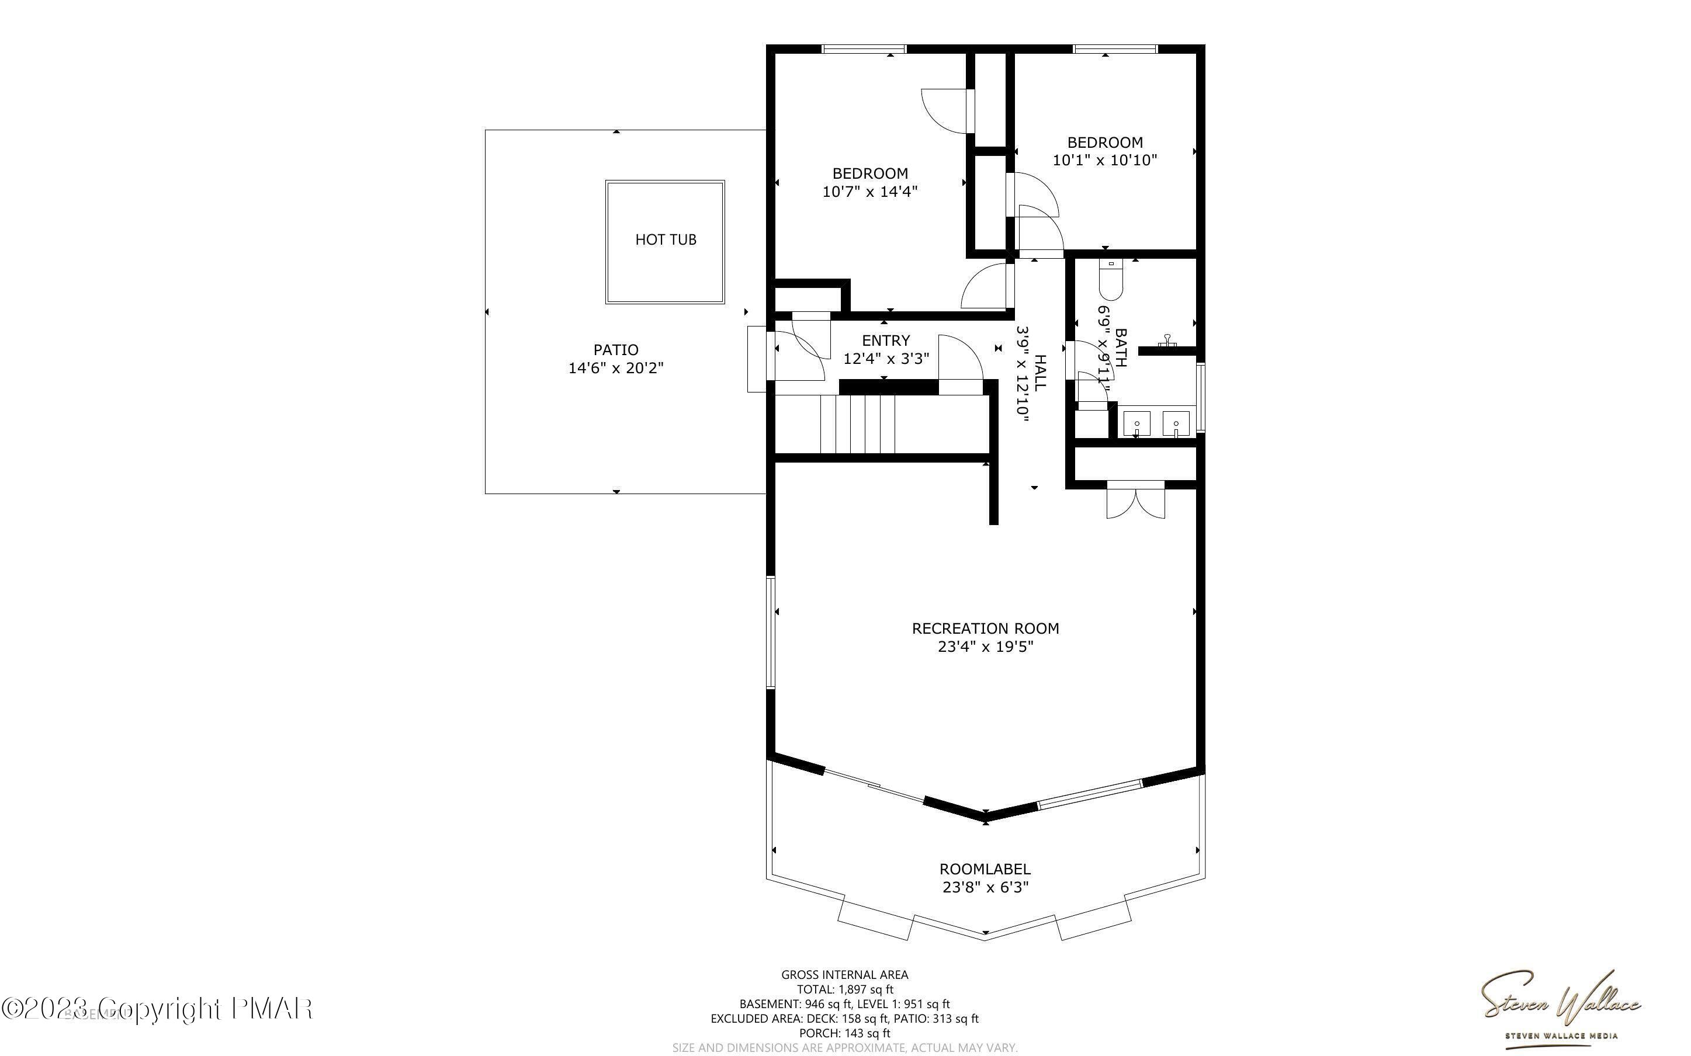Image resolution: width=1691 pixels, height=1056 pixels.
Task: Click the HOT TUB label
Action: [665, 239]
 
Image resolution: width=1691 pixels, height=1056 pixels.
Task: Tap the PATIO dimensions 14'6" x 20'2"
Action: [615, 368]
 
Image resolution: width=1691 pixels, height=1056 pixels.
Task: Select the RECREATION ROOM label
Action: [985, 628]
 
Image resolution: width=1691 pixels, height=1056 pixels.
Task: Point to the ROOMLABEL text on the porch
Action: [984, 869]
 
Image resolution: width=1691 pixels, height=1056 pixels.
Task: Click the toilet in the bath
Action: [1110, 279]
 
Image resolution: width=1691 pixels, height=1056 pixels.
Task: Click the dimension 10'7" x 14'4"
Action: [869, 192]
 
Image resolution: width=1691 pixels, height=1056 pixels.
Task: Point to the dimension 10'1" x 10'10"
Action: [1104, 160]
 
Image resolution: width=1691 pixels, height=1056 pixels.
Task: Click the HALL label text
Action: [1040, 371]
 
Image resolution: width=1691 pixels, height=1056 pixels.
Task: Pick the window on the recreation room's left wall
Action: [770, 632]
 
